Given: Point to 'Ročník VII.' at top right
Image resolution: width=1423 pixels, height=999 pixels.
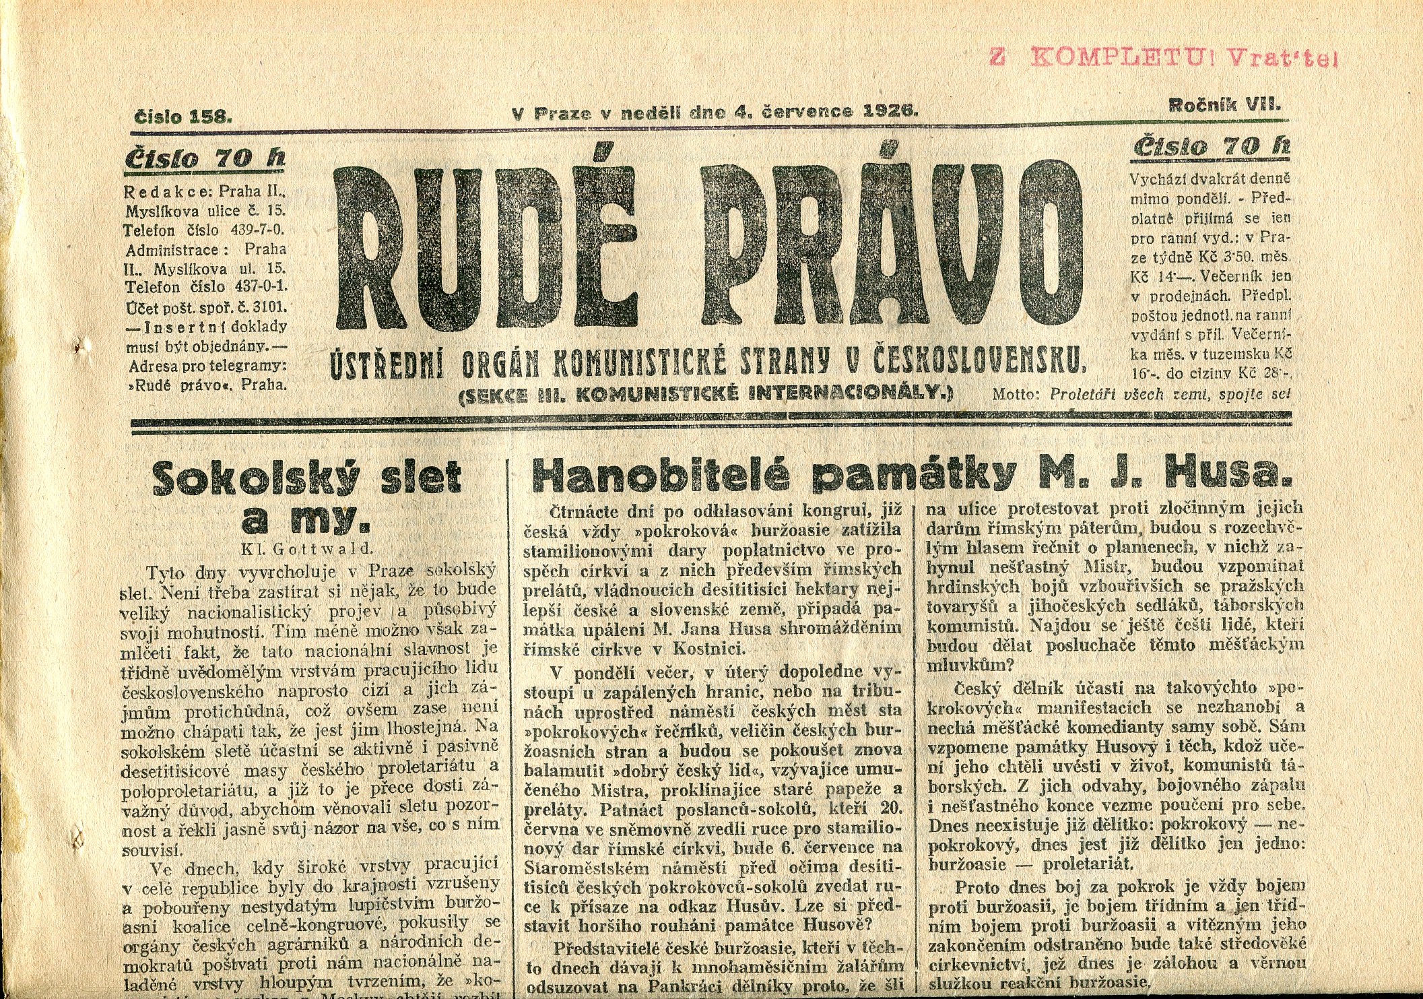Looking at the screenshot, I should pos(1224,104).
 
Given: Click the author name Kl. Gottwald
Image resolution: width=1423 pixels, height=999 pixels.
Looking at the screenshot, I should pos(307,549).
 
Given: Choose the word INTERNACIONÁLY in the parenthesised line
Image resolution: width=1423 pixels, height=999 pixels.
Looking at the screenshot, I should pos(853,393).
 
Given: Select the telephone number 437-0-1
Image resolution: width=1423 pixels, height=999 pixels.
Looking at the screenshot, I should pos(259,288).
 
